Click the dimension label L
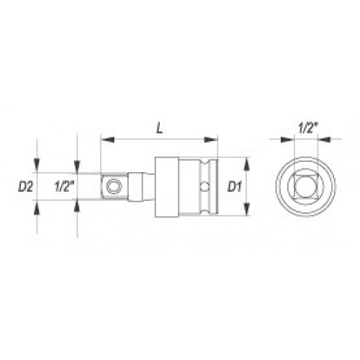pyautogui.click(x=160, y=128)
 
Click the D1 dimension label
pyautogui.click(x=234, y=186)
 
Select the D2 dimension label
pyautogui.click(x=25, y=186)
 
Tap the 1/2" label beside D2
pyautogui.click(x=63, y=186)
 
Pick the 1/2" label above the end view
pyautogui.click(x=308, y=128)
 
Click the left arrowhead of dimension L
pyautogui.click(x=107, y=139)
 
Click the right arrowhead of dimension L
pyautogui.click(x=210, y=139)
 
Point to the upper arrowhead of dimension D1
pyautogui.click(x=247, y=164)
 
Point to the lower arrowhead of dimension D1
pyautogui.click(x=247, y=210)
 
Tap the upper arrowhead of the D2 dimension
pyautogui.click(x=37, y=166)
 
